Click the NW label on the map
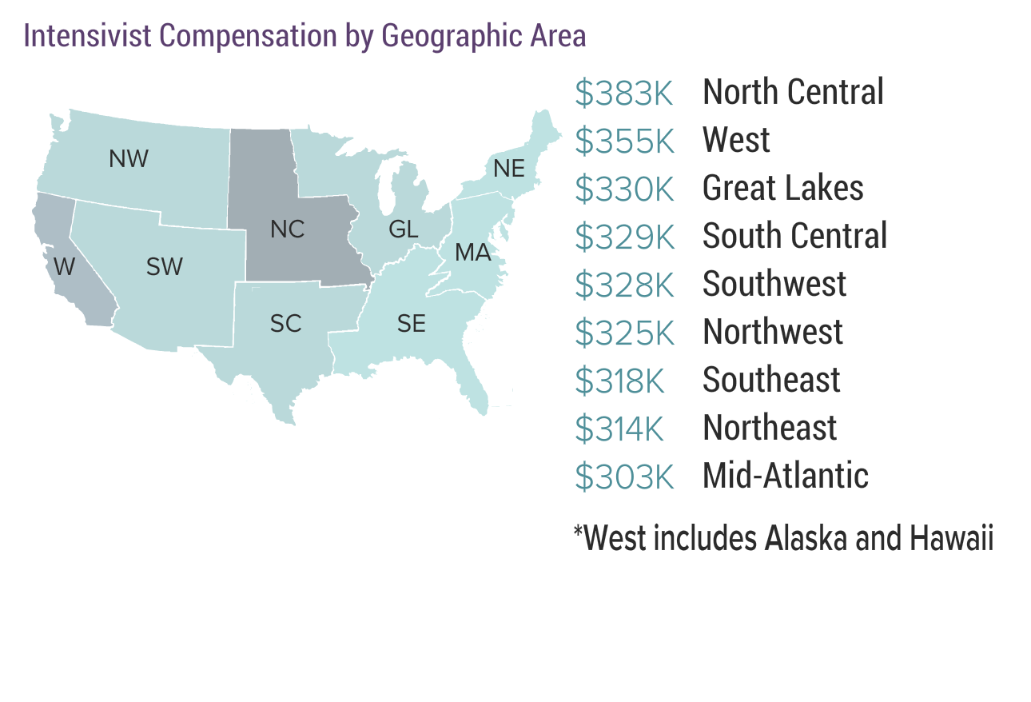coord(129,159)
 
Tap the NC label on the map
coord(287,229)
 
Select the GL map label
coord(403,229)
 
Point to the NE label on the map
coord(509,169)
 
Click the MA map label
coord(472,253)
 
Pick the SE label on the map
coord(412,324)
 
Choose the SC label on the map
coord(285,324)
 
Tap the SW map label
coord(165,267)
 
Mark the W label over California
coord(64,265)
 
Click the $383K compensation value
coord(625,94)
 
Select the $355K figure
coord(625,142)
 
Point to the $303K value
coord(625,477)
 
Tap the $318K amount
coord(620,381)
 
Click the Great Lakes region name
coord(782,189)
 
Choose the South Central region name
coord(794,237)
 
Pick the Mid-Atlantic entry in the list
coord(785,477)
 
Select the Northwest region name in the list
coord(772,333)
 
